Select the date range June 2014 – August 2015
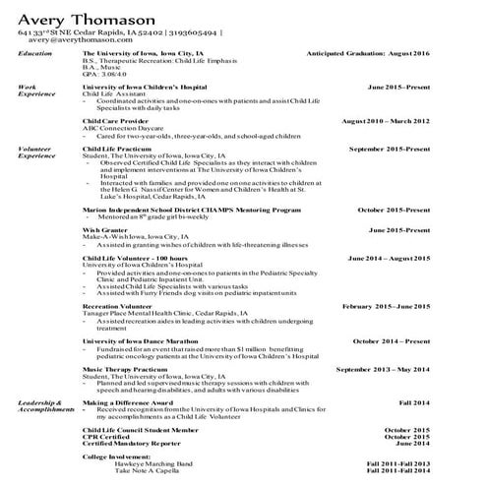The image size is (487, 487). tap(402, 257)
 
